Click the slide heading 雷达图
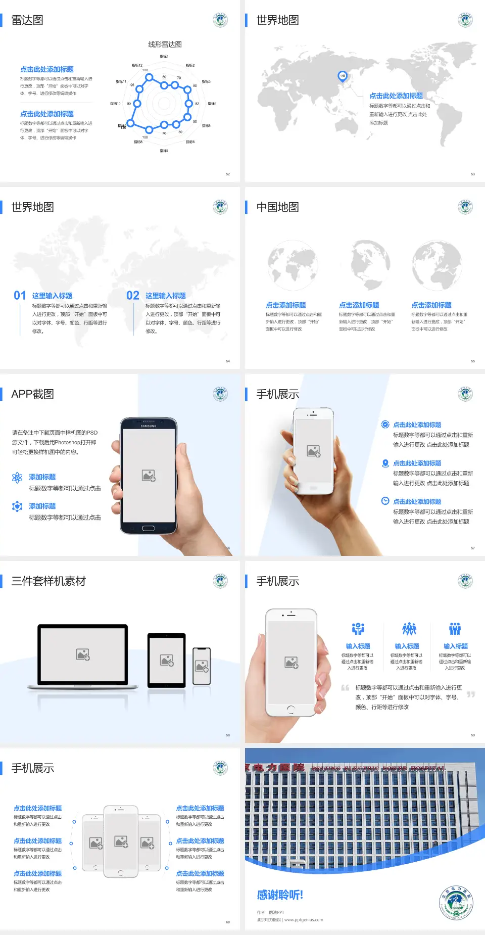[27, 20]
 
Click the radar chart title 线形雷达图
[165, 44]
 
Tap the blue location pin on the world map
[342, 76]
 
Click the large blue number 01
[20, 296]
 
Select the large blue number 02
[133, 296]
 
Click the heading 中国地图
[277, 207]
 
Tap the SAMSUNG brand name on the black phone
[149, 426]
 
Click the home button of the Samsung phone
[148, 528]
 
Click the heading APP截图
[32, 394]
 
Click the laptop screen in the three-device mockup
[83, 654]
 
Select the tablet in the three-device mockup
[167, 660]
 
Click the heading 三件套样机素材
[48, 581]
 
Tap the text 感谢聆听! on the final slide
[280, 895]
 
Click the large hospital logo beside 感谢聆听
[456, 903]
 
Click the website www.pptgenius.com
[304, 920]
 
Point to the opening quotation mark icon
[345, 687]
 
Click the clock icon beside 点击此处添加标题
[385, 501]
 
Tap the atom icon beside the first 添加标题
[17, 478]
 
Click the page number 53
[473, 174]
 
